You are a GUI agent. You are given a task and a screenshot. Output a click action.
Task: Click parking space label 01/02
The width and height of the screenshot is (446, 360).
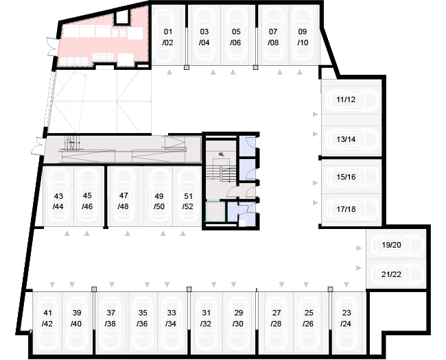[168, 37]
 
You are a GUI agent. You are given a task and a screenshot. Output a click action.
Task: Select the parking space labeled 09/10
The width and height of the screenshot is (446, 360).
[303, 37]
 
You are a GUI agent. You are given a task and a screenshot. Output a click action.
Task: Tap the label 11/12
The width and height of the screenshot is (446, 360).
[346, 99]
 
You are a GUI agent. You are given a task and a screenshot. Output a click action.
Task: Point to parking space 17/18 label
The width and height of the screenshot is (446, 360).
[346, 209]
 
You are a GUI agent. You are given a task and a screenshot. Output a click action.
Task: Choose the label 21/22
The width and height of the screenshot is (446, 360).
[391, 274]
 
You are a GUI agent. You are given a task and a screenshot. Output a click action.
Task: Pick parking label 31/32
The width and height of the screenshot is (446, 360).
[205, 318]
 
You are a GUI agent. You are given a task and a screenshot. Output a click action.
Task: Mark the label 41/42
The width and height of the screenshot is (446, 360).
[47, 318]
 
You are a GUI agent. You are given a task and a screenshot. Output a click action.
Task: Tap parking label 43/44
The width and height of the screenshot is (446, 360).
[58, 201]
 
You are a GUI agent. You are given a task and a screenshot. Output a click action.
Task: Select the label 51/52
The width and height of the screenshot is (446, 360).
[187, 201]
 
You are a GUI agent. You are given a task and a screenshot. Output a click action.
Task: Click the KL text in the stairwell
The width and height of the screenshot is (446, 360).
[222, 154]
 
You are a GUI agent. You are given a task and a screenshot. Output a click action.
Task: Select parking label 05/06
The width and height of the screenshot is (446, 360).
[235, 37]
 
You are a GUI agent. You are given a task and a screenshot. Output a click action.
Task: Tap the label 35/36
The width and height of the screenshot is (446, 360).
[142, 318]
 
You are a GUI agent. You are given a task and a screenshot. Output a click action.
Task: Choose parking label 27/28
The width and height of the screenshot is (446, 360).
[275, 318]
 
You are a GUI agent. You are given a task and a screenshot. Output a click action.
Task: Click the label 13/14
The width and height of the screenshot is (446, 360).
[346, 139]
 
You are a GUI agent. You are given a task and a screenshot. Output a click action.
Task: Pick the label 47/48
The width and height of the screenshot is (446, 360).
[124, 201]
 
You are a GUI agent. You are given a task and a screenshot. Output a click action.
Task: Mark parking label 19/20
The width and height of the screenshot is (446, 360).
[391, 245]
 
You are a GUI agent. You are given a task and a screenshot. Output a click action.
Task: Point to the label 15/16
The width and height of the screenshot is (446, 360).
[346, 178]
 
